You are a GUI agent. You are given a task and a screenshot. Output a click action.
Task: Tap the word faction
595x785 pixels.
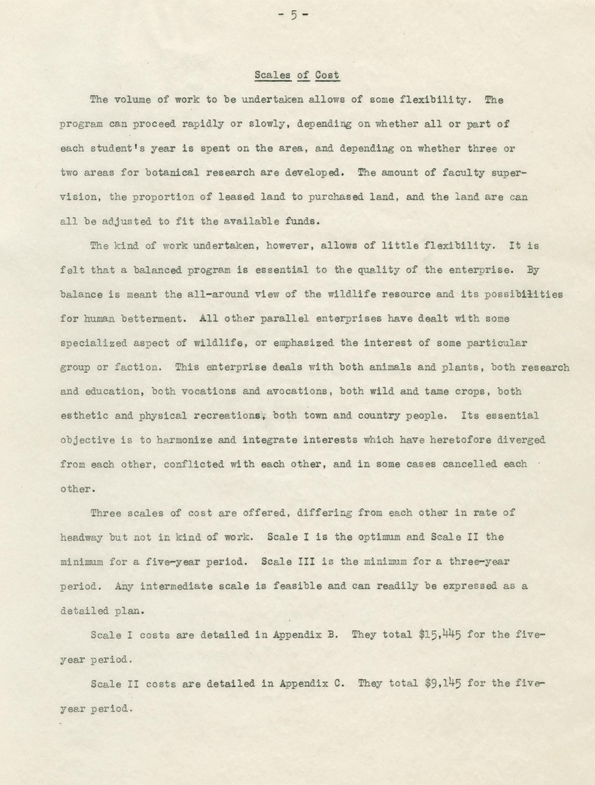(136, 367)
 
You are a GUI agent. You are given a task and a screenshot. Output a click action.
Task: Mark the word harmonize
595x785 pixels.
(184, 440)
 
